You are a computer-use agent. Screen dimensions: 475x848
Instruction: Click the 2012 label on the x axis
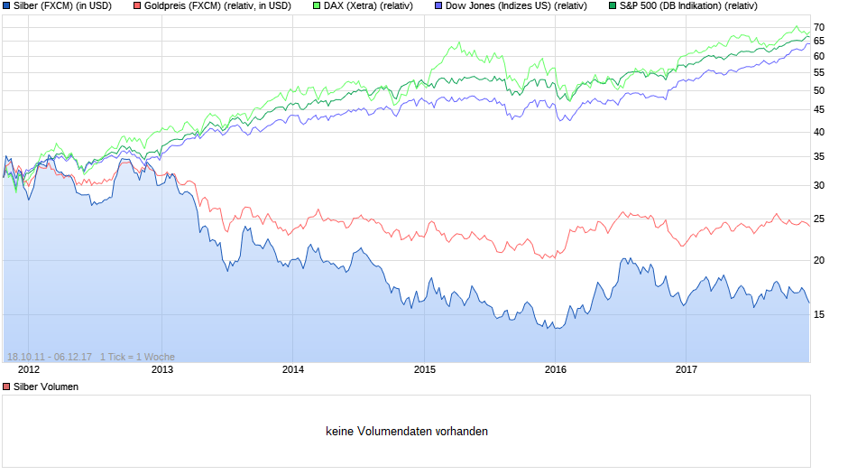click(x=29, y=369)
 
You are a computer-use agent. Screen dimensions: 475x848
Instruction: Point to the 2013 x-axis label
click(x=161, y=369)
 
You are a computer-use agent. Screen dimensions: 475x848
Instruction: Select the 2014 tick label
click(x=293, y=369)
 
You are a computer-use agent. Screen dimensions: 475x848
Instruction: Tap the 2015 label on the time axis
click(x=425, y=369)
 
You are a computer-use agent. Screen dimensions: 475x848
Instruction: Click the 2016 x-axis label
click(x=556, y=369)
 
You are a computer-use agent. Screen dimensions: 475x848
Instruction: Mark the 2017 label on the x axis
click(x=687, y=369)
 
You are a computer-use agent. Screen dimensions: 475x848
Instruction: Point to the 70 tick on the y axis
click(x=819, y=27)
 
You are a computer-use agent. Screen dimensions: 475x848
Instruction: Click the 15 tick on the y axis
click(x=819, y=315)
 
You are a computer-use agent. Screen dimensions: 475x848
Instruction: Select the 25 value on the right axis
click(x=819, y=219)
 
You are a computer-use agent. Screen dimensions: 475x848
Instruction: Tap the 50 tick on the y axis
click(x=819, y=90)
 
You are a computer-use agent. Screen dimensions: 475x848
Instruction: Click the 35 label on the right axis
click(x=819, y=157)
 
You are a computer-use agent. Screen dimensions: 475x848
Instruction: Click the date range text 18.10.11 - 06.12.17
click(x=49, y=357)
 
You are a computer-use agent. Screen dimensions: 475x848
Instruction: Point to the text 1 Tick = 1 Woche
click(x=137, y=357)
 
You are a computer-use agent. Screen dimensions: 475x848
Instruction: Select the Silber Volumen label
click(x=45, y=387)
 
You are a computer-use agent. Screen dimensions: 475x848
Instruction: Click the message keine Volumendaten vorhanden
click(x=407, y=432)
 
